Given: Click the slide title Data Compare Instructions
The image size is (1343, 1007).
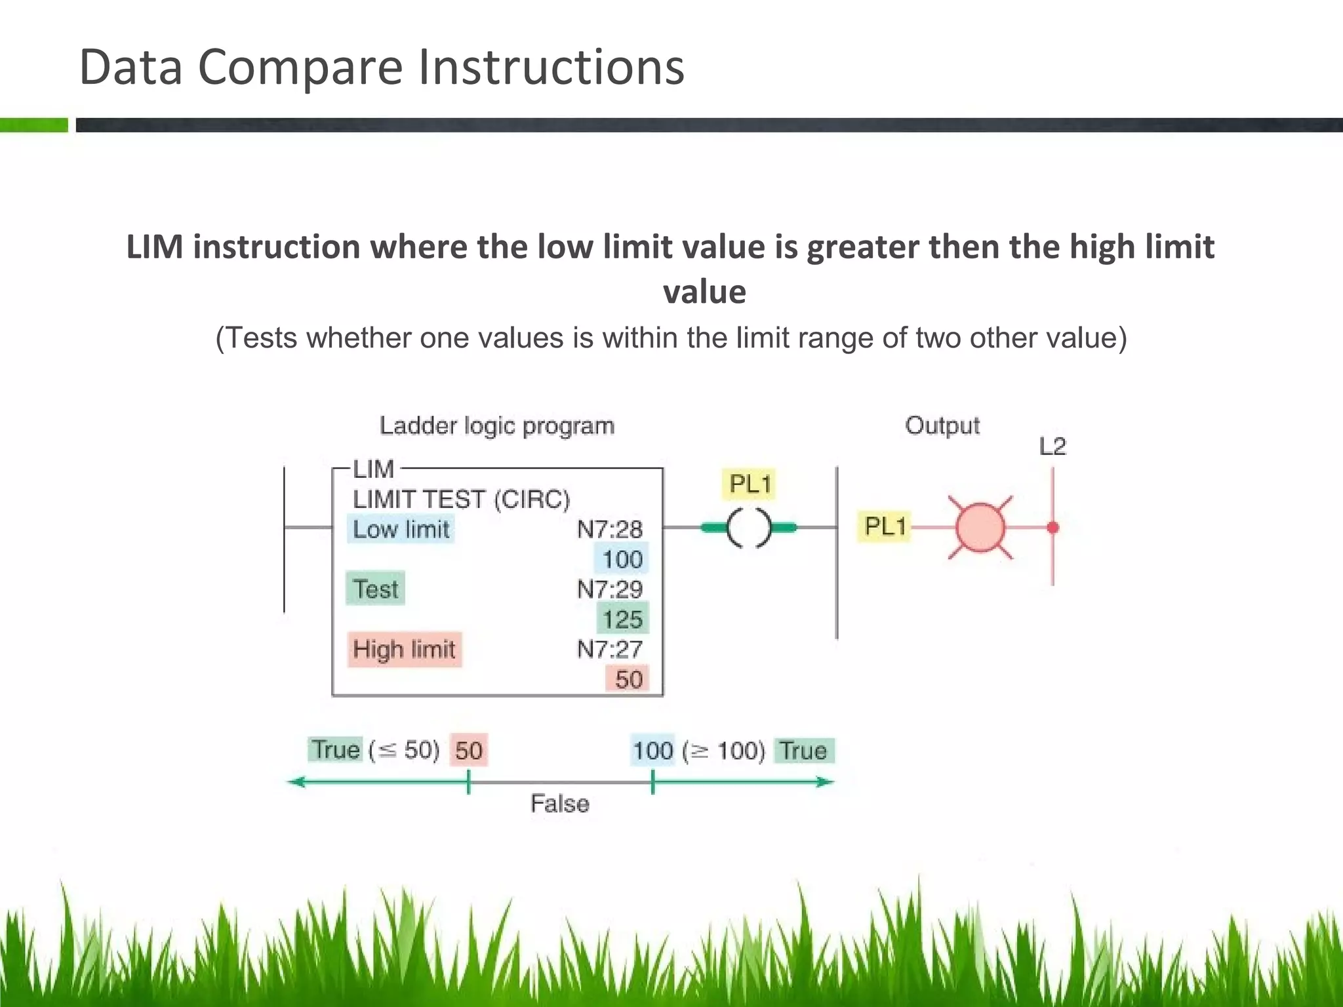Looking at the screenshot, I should click(x=382, y=67).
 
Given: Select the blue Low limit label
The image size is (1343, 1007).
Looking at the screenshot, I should click(x=401, y=529).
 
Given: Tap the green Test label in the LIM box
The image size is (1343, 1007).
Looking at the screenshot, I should click(x=375, y=589).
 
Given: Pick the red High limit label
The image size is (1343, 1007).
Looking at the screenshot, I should click(x=404, y=649).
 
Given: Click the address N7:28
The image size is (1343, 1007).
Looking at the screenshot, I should click(x=609, y=529).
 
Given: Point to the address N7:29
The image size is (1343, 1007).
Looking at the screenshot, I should click(x=609, y=589).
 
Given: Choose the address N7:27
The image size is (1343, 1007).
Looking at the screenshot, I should click(x=609, y=649).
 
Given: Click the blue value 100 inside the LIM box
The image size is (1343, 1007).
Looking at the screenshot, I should click(x=622, y=559).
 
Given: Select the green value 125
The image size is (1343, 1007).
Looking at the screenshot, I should click(x=622, y=619).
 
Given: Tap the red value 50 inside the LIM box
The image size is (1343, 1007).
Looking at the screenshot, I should click(x=628, y=679).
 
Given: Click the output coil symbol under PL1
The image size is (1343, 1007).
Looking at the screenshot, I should click(x=749, y=527).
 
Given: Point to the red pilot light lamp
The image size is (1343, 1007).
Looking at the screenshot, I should click(x=980, y=527).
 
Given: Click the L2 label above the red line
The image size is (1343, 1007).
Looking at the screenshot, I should click(x=1052, y=446).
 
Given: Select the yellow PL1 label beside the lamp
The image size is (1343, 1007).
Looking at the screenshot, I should click(x=885, y=526).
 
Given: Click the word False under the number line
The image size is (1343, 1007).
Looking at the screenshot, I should click(x=559, y=804).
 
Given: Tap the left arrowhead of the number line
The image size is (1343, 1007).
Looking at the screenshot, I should click(x=296, y=781).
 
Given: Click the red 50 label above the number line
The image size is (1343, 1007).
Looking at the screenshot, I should click(x=469, y=750).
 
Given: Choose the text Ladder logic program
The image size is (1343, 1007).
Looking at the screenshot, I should click(x=497, y=426).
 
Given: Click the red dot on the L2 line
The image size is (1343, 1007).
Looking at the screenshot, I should click(x=1053, y=527).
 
